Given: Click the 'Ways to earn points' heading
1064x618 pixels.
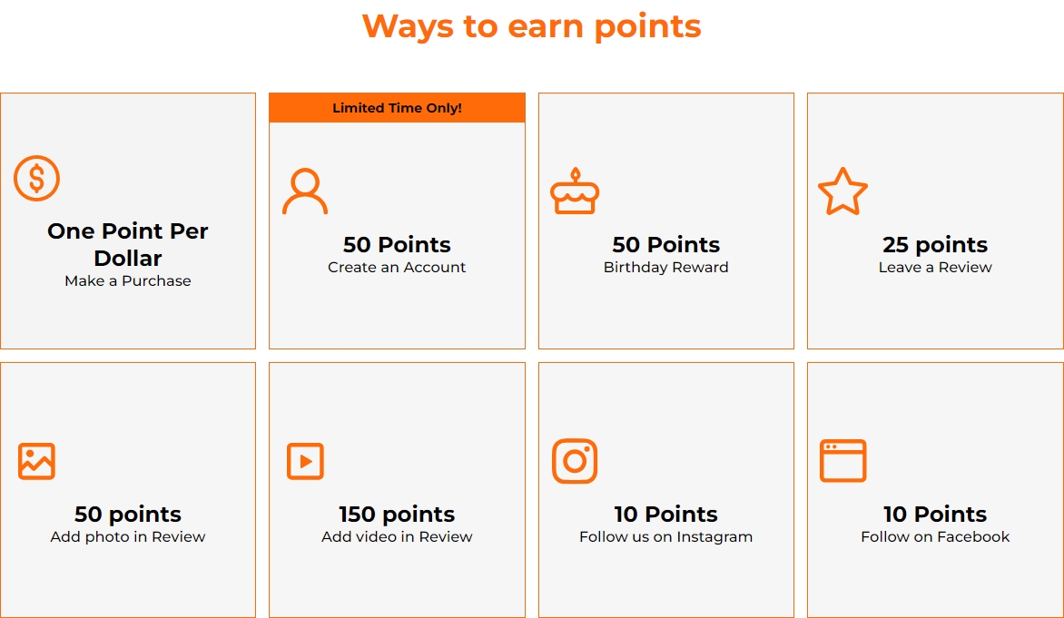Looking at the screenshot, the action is pyautogui.click(x=531, y=27).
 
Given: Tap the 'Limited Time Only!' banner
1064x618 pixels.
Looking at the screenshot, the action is pyautogui.click(x=397, y=108).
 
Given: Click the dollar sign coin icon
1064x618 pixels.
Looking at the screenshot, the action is pyautogui.click(x=36, y=179).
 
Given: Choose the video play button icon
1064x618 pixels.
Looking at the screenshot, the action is pyautogui.click(x=305, y=461).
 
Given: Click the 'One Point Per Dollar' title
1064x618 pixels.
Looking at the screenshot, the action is pyautogui.click(x=128, y=245).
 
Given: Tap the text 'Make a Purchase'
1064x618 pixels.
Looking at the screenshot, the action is pyautogui.click(x=128, y=280).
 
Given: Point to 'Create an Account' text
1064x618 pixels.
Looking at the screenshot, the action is pyautogui.click(x=397, y=268).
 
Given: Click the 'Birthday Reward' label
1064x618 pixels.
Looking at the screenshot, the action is pyautogui.click(x=665, y=268).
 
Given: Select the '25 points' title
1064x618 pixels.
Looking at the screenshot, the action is pyautogui.click(x=935, y=245).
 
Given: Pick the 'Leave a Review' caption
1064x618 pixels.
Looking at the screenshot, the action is pyautogui.click(x=935, y=268).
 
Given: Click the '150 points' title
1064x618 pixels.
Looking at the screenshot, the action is pyautogui.click(x=397, y=515).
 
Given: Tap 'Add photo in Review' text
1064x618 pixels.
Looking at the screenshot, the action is pyautogui.click(x=128, y=536).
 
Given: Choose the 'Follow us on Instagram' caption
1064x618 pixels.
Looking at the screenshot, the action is pyautogui.click(x=665, y=536).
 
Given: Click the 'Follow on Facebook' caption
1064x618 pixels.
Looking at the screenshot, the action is pyautogui.click(x=935, y=536).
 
